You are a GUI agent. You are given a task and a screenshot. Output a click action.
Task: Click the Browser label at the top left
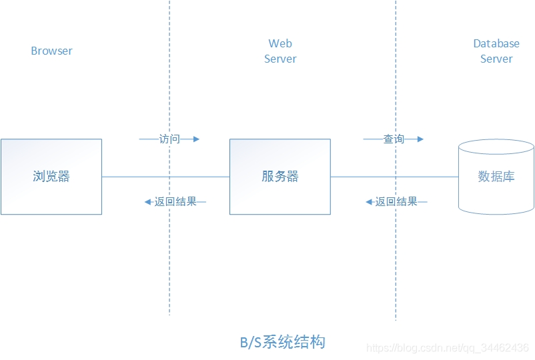[x=51, y=51]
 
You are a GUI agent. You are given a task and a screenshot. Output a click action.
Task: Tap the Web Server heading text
[x=280, y=51]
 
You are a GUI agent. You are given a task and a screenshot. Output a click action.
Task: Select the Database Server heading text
[x=496, y=51]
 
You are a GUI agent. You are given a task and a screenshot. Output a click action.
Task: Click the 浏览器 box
[x=51, y=177]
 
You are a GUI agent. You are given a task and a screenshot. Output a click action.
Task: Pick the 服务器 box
[x=280, y=177]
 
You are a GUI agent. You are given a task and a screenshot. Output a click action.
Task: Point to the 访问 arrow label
[x=169, y=139]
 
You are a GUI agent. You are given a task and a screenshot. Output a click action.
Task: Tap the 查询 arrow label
[x=394, y=139]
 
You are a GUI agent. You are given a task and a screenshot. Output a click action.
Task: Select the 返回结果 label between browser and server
[x=175, y=201]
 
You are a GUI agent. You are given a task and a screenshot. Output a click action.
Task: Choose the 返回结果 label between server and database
[x=396, y=201]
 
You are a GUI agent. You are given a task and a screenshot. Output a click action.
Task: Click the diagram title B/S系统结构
[x=283, y=343]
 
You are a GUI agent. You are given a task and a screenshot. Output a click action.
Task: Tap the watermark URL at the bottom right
[x=448, y=348]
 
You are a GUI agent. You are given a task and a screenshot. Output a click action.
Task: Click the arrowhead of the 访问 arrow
[x=196, y=139]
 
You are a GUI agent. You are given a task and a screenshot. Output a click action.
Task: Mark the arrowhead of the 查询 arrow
[x=420, y=139]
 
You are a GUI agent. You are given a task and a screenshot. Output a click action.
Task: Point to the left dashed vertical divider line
[x=169, y=267]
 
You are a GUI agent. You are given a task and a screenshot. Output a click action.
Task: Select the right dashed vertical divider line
[x=396, y=267]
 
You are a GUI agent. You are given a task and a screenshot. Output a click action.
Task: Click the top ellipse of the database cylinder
[x=496, y=147]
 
